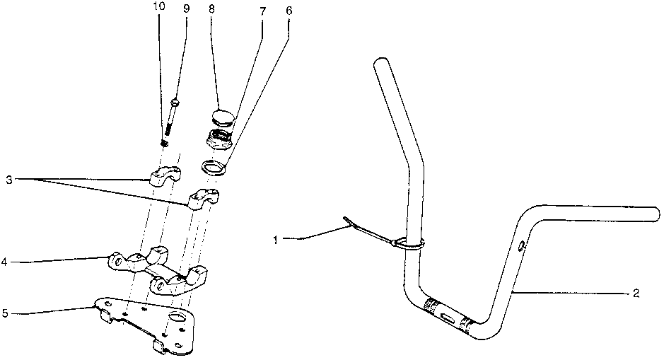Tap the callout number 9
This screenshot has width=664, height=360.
pyautogui.click(x=186, y=9)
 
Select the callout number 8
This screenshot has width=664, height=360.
pyautogui.click(x=212, y=9)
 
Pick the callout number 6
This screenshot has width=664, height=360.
pyautogui.click(x=289, y=12)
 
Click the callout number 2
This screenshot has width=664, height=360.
pyautogui.click(x=636, y=294)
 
